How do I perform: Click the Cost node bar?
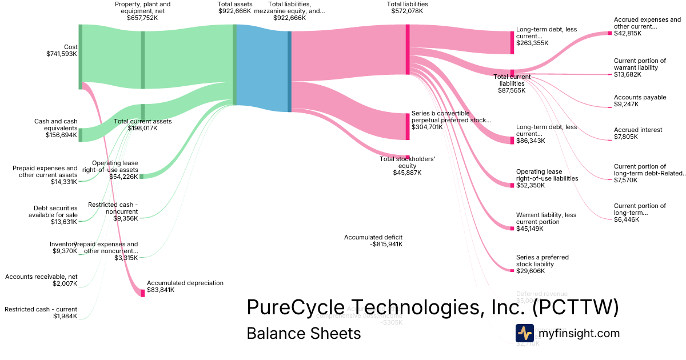click(81, 57)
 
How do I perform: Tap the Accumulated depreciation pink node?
click(142, 293)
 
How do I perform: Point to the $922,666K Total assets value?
click(234, 11)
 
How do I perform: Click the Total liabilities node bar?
click(408, 49)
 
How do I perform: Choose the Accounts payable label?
click(640, 98)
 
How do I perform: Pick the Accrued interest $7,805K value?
click(627, 137)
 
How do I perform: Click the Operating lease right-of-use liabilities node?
click(512, 185)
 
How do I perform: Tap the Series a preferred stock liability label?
click(542, 261)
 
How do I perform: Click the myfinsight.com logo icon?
click(524, 333)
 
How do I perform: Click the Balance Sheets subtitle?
click(304, 334)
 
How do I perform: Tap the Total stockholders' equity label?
click(408, 163)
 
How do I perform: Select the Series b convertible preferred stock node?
click(408, 126)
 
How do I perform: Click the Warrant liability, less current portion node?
click(512, 229)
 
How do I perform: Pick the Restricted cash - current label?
click(41, 309)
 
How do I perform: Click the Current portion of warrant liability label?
click(640, 64)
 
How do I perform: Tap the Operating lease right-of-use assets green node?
click(142, 177)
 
